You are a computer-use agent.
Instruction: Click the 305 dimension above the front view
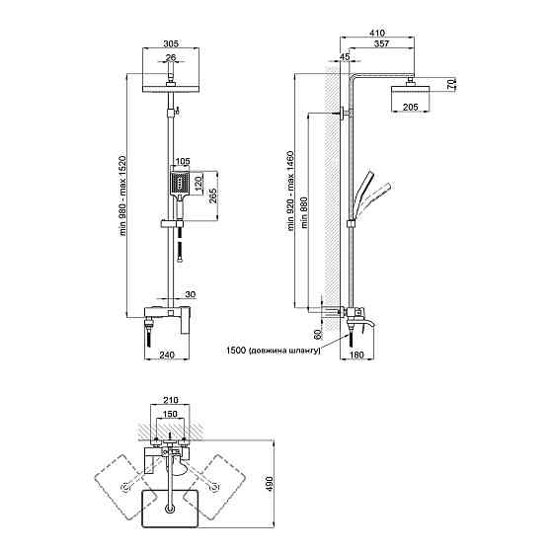[171, 43]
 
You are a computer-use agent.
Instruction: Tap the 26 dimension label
[171, 57]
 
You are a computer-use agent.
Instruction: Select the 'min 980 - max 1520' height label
[122, 196]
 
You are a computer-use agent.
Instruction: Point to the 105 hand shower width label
[183, 161]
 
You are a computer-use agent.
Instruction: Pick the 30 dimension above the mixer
[190, 294]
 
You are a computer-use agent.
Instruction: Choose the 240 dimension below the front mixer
[167, 355]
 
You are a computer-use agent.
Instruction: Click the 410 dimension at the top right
[377, 33]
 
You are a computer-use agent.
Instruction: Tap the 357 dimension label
[381, 43]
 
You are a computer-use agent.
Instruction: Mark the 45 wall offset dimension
[345, 56]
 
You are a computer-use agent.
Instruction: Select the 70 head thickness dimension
[451, 84]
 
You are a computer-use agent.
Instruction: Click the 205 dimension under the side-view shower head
[410, 107]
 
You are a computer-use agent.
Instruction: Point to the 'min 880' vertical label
[304, 213]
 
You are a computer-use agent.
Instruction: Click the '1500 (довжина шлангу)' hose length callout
[273, 351]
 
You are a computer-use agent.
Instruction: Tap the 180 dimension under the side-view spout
[356, 355]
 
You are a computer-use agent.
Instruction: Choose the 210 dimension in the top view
[170, 400]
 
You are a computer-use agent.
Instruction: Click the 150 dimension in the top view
[170, 414]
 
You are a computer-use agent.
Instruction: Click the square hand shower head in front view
[180, 184]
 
